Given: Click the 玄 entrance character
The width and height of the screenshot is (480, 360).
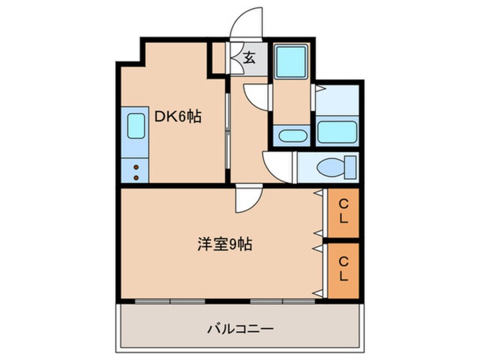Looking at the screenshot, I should [249, 57].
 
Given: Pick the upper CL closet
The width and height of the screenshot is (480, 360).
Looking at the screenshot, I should [344, 211].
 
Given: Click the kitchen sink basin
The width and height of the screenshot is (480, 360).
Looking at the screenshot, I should [135, 127].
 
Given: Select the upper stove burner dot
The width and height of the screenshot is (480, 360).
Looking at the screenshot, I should [136, 167].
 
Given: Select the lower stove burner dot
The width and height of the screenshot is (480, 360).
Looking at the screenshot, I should [136, 177].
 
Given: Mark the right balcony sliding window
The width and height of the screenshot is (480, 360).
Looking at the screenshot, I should [284, 300].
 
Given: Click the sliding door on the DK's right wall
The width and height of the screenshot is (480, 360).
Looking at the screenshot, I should [227, 131].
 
